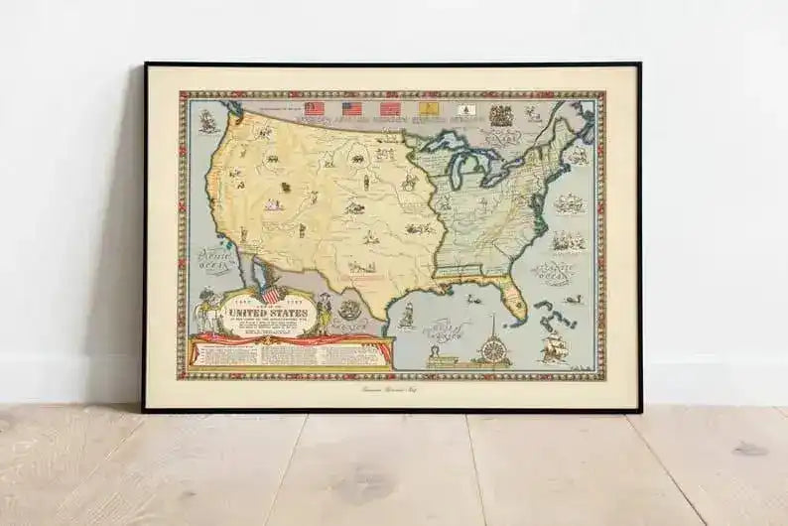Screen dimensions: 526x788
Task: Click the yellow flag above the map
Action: pos(429,108)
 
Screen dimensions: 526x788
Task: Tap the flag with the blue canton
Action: pos(352,108)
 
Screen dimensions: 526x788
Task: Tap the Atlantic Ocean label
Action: pos(554,269)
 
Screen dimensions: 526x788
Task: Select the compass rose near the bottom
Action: pos(492,350)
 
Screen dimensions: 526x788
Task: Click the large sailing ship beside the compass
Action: pos(556,346)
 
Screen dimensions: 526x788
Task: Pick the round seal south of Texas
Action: pos(350,310)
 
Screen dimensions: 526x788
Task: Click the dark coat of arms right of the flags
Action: pos(501,115)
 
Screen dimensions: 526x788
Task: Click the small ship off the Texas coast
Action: pos(406,315)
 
